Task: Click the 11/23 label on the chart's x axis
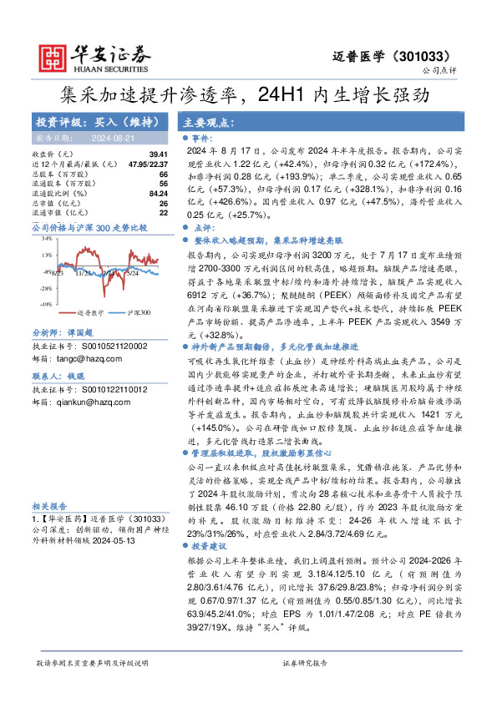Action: [x=84, y=273]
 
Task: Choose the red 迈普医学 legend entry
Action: [x=91, y=312]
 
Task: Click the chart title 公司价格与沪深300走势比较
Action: [x=89, y=227]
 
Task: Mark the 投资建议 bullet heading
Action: [x=212, y=498]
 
